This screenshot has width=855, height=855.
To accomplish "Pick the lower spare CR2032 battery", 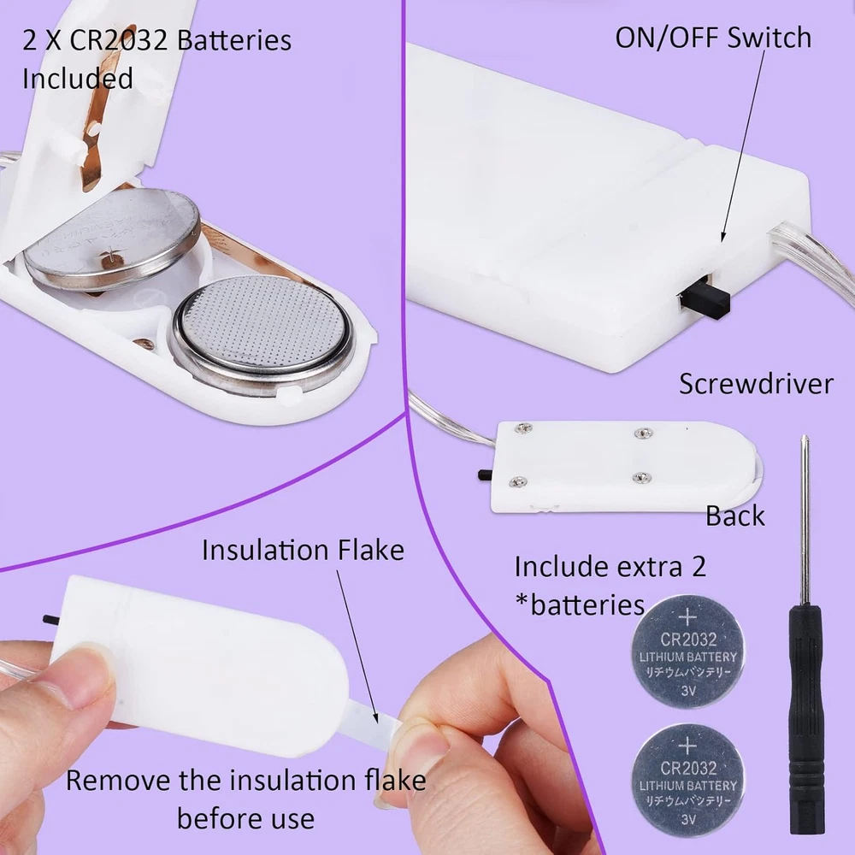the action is (x=687, y=781).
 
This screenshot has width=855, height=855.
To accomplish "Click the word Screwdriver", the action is (x=756, y=383).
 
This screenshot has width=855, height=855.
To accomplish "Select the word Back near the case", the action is (x=735, y=516).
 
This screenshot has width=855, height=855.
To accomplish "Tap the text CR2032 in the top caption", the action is (x=118, y=41).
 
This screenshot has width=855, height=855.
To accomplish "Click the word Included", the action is (x=78, y=78).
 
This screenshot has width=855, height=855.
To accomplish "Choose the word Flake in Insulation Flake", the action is (x=371, y=550).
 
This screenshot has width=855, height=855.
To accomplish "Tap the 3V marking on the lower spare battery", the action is (x=688, y=820).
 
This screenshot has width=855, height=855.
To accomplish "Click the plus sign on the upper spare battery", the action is (x=687, y=616).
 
